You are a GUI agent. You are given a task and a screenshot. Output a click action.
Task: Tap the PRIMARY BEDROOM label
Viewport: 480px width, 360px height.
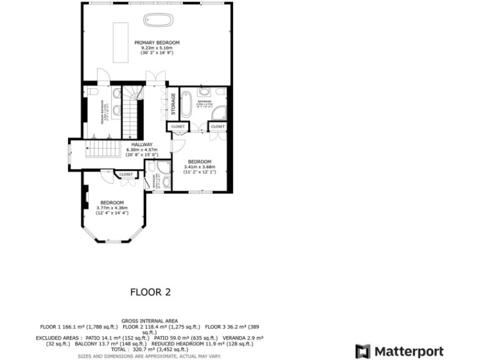click(x=157, y=42)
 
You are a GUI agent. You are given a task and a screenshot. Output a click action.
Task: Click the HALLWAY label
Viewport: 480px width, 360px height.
click(x=142, y=144)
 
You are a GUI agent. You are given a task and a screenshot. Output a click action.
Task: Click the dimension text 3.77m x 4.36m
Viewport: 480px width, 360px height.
click(x=112, y=207)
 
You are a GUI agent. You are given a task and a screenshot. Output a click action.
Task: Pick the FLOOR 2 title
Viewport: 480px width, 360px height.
click(x=150, y=291)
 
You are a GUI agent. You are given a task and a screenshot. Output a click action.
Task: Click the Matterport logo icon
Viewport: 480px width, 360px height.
click(x=362, y=351)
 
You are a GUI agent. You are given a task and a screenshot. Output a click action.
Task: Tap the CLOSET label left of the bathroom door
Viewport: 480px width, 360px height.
click(x=177, y=127)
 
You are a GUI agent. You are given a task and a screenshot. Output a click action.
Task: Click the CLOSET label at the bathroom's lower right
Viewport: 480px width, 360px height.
click(x=217, y=127)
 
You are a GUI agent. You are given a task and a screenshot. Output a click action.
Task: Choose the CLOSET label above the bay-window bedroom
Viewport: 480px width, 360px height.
click(x=126, y=174)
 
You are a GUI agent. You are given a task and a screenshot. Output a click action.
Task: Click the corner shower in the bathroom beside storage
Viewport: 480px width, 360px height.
click(x=219, y=113)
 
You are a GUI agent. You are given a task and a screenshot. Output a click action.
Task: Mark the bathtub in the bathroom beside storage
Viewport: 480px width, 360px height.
click(x=187, y=104)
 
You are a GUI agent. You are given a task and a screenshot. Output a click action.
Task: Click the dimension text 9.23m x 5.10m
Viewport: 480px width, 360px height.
click(x=157, y=48)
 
